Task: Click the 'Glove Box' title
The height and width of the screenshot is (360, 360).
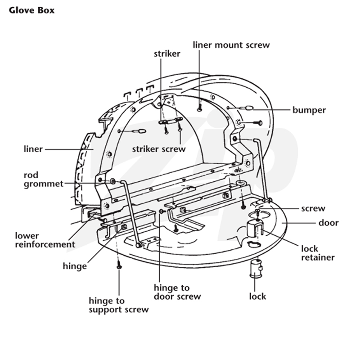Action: coord(31,10)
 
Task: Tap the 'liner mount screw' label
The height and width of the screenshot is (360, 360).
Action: coord(231,45)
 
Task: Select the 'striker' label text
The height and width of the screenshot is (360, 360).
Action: coord(167,54)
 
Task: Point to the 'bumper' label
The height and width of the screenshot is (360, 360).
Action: coord(309,110)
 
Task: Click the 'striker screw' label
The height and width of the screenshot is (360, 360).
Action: coord(159,149)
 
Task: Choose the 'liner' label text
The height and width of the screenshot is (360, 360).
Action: coord(33,149)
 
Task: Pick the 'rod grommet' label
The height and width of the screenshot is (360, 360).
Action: coord(43,180)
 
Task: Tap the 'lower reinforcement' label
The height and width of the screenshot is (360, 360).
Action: coord(45,240)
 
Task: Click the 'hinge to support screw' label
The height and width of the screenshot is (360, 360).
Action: coord(119,305)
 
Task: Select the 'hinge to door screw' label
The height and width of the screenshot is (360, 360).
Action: coord(177,292)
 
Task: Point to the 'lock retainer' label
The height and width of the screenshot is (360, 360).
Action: coord(318,253)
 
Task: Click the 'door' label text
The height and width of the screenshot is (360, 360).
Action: coord(328,223)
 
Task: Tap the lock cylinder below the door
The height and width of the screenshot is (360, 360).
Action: coord(256,269)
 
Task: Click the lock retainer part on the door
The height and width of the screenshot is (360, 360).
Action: coord(254,229)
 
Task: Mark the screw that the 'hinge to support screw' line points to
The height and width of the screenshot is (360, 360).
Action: coord(119,265)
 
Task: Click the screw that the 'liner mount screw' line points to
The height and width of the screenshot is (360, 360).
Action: coord(199,108)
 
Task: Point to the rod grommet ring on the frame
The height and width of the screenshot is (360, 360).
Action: coord(113,181)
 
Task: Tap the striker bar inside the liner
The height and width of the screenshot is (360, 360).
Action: coord(171,121)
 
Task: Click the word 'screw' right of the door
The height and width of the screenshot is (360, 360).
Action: coord(313,208)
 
